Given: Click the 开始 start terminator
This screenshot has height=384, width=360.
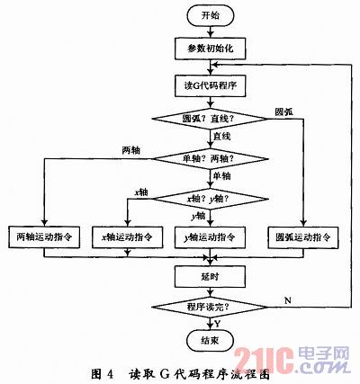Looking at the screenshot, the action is click(210, 15).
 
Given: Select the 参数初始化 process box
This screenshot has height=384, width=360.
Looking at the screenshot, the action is click(210, 49).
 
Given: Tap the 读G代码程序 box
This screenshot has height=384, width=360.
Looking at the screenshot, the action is click(210, 85).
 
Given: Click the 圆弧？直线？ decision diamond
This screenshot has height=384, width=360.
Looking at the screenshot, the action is click(210, 119).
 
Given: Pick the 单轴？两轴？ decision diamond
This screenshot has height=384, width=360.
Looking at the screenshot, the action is click(210, 159).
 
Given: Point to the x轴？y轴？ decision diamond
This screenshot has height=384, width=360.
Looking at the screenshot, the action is click(210, 199).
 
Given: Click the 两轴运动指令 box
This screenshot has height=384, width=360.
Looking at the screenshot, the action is click(44, 237).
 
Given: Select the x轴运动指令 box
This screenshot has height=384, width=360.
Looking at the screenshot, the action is click(127, 237).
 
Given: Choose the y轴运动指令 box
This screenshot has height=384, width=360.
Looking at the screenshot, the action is click(210, 237).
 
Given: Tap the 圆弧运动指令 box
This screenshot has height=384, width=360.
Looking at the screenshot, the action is click(303, 237).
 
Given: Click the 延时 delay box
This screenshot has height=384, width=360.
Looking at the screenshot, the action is click(210, 277).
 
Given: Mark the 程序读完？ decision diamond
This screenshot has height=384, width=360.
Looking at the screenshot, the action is click(210, 307).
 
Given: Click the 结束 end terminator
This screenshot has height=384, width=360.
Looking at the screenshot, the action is click(210, 340).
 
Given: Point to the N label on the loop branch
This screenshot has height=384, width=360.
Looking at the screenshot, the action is click(288, 300).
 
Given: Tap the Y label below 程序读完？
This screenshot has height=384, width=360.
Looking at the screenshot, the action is click(217, 324).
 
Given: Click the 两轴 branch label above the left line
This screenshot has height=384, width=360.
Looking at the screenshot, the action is click(131, 149).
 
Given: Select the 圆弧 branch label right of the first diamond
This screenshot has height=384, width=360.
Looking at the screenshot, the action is click(284, 112).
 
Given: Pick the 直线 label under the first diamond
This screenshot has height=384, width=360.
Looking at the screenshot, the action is click(222, 137).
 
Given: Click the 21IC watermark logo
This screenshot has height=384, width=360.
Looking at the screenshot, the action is click(292, 360).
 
